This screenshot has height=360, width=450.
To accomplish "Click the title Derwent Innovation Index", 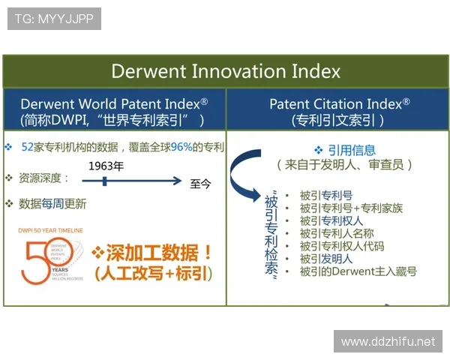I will [x=226, y=71].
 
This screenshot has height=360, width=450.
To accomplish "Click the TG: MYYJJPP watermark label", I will [x=53, y=19].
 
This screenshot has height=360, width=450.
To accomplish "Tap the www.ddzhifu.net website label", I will [x=388, y=341].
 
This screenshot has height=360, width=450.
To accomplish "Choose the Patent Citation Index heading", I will [x=339, y=103].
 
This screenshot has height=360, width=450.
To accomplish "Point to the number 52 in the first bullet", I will [x=28, y=147].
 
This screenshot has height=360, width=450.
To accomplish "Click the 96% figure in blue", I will [x=181, y=147].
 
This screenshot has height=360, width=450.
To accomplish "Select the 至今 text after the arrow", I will [x=201, y=183].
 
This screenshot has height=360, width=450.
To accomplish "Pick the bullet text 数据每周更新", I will [x=52, y=203].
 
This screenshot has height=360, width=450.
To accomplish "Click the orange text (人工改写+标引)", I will [x=153, y=274].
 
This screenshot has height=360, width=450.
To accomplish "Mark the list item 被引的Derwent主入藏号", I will [x=358, y=271].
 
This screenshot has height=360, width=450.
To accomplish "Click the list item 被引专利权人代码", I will [x=341, y=245].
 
